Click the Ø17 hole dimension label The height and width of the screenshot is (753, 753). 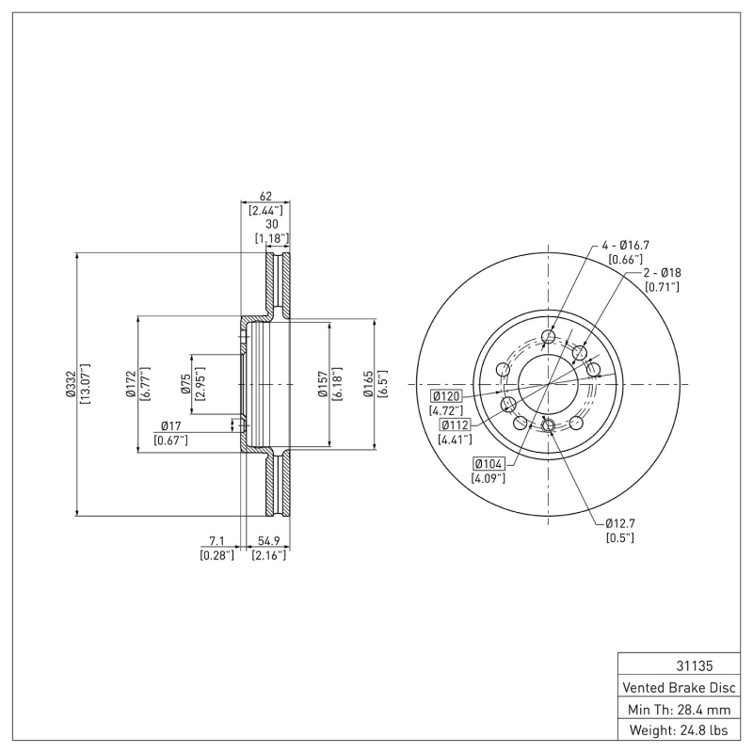tap(170, 426)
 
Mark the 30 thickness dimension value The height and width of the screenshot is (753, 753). tap(271, 225)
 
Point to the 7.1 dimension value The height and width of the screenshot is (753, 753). tap(216, 542)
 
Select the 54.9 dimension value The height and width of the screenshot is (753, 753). tap(270, 542)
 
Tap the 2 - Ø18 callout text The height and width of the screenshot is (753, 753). tap(663, 272)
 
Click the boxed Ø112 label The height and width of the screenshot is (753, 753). tap(456, 425)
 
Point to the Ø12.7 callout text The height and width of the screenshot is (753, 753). tap(622, 522)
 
